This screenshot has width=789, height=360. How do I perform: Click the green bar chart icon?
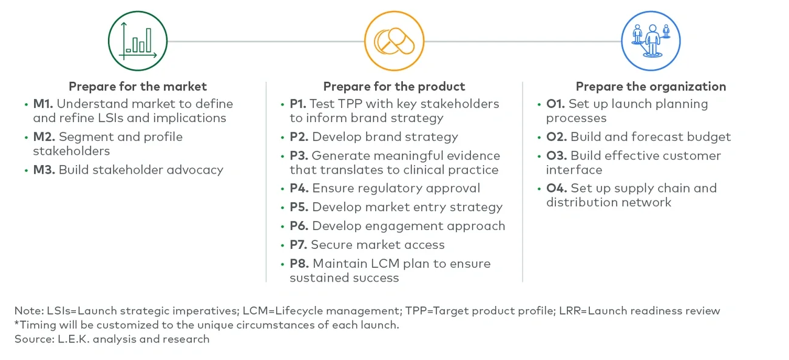click(x=138, y=41)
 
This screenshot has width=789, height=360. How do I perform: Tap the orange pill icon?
click(x=394, y=41)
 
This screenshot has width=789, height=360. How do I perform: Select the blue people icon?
click(x=651, y=41)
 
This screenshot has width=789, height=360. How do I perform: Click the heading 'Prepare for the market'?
click(x=138, y=86)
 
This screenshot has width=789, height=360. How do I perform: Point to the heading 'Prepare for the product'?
click(x=394, y=86)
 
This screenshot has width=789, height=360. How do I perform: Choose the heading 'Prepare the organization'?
click(x=651, y=86)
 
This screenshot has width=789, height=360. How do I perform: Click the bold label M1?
click(x=43, y=104)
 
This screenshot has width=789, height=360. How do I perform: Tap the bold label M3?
click(x=44, y=170)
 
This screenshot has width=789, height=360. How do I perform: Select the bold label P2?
click(x=299, y=137)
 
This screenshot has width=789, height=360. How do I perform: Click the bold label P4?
click(x=299, y=189)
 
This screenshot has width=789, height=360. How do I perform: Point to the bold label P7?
click(x=299, y=245)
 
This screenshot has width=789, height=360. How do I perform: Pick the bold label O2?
click(x=557, y=137)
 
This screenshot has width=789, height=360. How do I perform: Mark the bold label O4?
click(x=557, y=188)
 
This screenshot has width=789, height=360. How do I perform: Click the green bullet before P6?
click(x=283, y=226)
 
